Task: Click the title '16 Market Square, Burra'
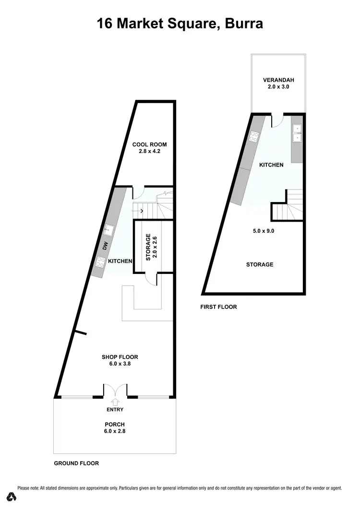180,24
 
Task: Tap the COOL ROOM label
150,145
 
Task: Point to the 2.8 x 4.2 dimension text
150,153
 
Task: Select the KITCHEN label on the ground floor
120,261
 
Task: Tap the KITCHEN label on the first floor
271,165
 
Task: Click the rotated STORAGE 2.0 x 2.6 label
151,247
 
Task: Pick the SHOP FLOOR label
120,357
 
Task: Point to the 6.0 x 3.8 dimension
120,364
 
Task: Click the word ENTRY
115,409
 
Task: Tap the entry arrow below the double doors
115,402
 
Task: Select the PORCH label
115,424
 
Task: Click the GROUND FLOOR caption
76,463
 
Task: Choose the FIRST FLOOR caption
218,307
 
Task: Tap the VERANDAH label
278,80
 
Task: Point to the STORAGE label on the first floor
260,264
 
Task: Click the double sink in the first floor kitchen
297,133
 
